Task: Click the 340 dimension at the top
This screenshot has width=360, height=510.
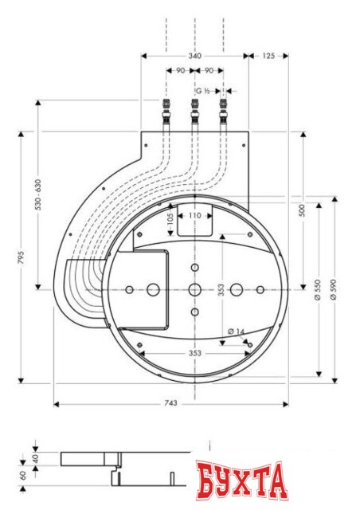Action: coord(195,56)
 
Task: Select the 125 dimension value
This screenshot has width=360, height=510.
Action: coord(268,56)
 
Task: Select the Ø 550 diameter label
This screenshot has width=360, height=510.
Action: coord(318,289)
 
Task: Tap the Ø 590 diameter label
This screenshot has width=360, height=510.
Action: coord(333,289)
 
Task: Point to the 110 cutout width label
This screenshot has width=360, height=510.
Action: coord(195,216)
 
